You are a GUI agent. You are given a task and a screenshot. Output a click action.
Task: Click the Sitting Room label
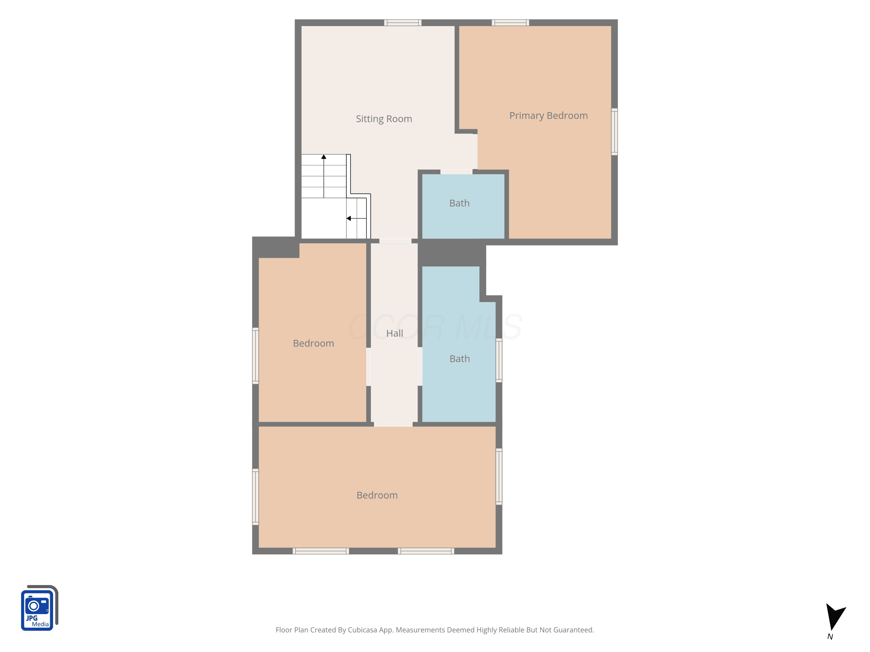tap(384, 119)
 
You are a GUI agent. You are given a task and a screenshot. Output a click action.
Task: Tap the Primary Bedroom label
tap(548, 116)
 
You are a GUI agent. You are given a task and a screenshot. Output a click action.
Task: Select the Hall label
tap(394, 333)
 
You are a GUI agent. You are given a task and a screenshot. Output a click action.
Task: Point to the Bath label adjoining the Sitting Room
tap(459, 203)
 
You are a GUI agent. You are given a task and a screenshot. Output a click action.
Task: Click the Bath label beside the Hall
tap(459, 359)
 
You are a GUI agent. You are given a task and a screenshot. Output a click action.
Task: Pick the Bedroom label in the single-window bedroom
tap(313, 343)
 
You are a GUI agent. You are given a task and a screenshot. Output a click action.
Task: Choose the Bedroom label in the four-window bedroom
tap(377, 495)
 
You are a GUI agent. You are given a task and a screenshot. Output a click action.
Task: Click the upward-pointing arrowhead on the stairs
tap(324, 157)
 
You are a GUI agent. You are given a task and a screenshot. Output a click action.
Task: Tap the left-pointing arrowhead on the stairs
tap(349, 218)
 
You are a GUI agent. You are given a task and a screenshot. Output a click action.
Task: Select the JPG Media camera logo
tap(39, 608)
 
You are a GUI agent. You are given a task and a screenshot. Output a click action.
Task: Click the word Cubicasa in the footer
tap(362, 630)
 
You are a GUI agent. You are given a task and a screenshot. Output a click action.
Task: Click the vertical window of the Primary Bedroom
tap(614, 132)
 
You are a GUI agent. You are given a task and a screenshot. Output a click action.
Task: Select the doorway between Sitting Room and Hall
tap(395, 241)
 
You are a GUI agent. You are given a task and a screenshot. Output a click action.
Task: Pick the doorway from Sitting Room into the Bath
tap(456, 172)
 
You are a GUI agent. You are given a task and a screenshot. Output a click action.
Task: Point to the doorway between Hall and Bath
tap(420, 367)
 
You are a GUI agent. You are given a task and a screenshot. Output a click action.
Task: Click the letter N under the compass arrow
tap(830, 637)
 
